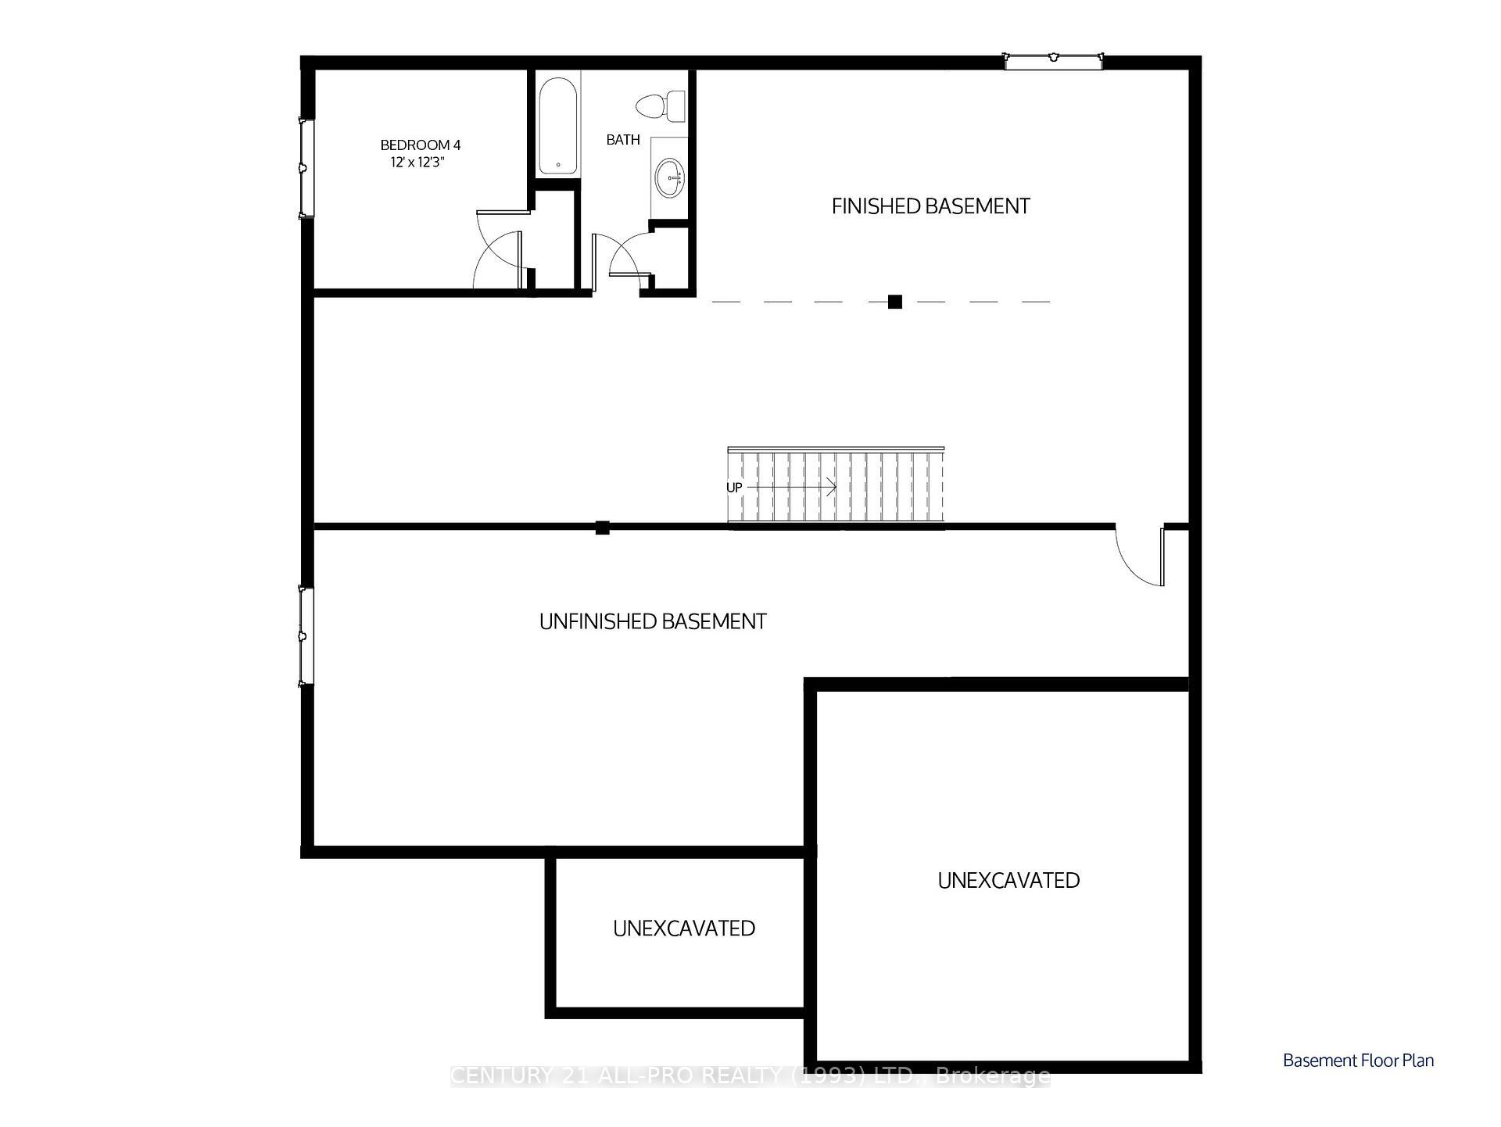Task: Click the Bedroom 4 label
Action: pyautogui.click(x=420, y=145)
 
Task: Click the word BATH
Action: pyautogui.click(x=623, y=140)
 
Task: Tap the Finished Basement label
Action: pyautogui.click(x=930, y=206)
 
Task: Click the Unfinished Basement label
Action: pyautogui.click(x=653, y=621)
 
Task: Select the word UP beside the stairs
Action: pyautogui.click(x=734, y=488)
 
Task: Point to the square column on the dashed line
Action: pyautogui.click(x=895, y=302)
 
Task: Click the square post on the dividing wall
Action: pyautogui.click(x=602, y=528)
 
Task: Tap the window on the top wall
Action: pyautogui.click(x=1053, y=60)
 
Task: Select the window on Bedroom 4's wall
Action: pyautogui.click(x=306, y=167)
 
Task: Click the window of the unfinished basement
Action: pyautogui.click(x=306, y=636)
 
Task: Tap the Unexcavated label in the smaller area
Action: pyautogui.click(x=684, y=928)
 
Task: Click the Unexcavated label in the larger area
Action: pyautogui.click(x=1008, y=881)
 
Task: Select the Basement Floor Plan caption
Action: pyautogui.click(x=1358, y=1061)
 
